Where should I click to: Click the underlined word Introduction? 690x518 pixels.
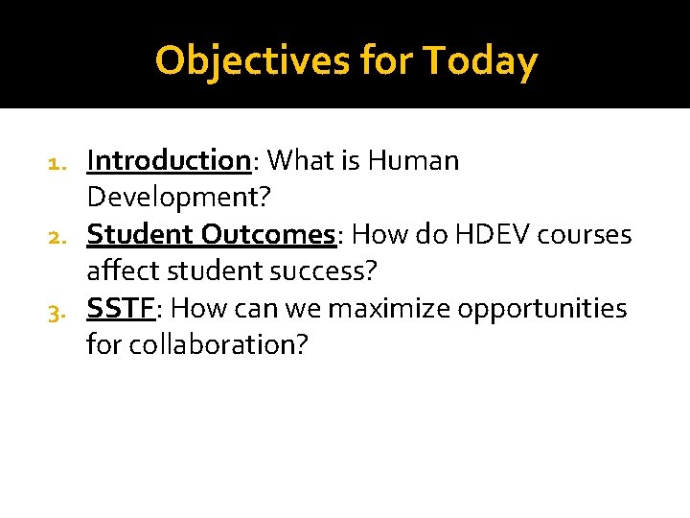169,160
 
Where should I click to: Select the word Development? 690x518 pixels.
179,197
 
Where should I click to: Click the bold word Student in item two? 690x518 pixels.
140,234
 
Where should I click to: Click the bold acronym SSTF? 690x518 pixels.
120,308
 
